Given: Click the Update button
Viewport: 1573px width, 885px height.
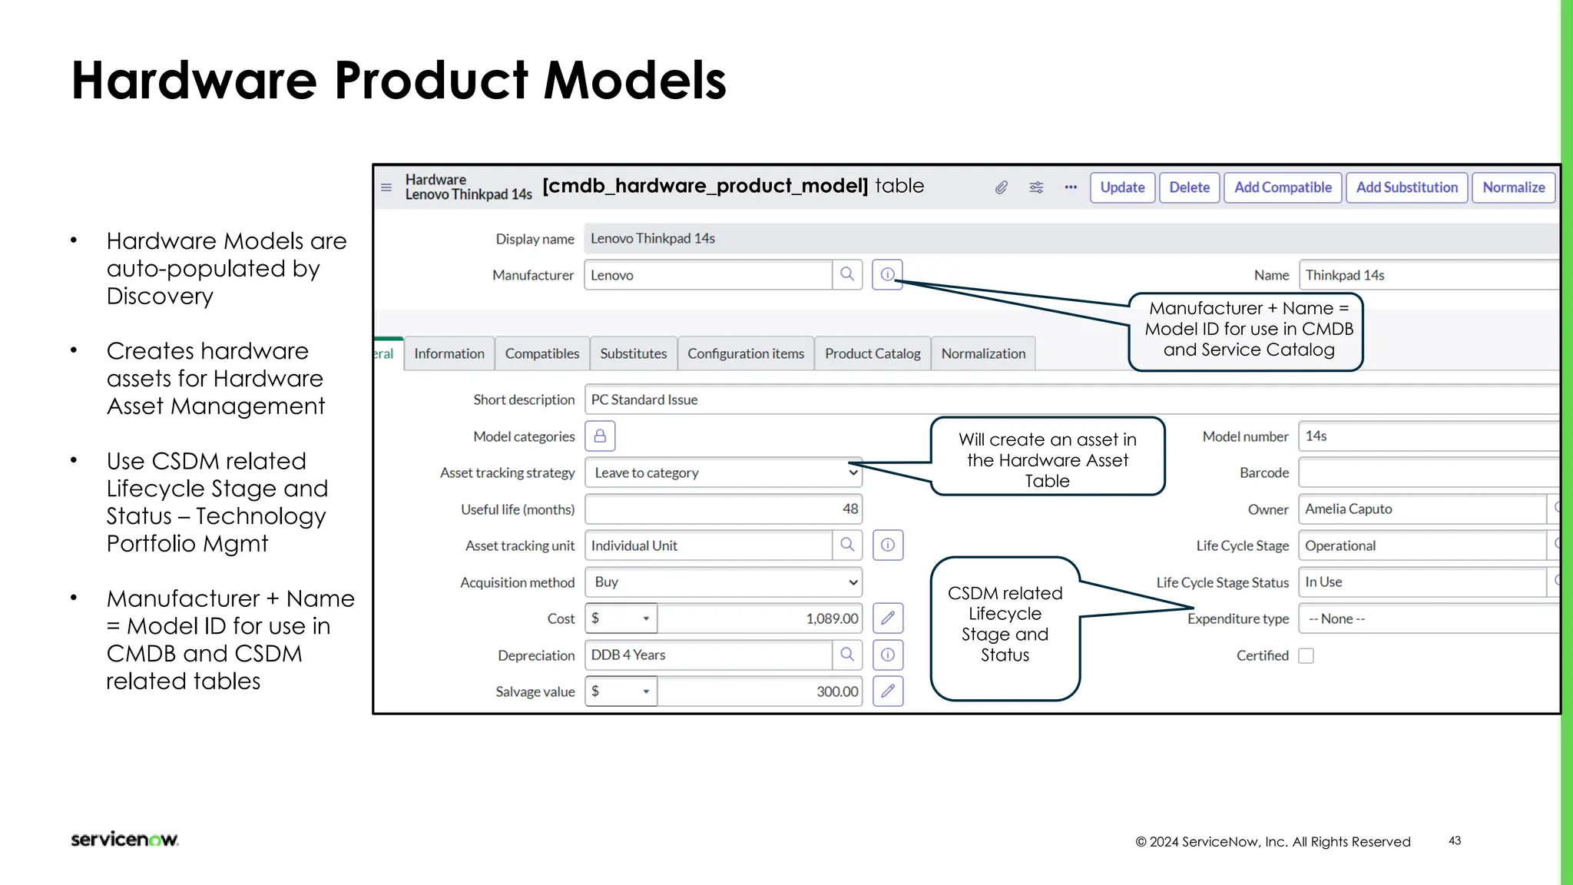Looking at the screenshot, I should point(1122,187).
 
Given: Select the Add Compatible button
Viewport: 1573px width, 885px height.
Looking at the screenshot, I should point(1283,187).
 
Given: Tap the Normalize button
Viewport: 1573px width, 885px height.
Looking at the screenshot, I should point(1513,187).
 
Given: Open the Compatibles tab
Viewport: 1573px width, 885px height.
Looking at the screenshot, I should point(541,353).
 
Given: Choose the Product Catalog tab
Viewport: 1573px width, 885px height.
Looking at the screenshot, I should point(873,353).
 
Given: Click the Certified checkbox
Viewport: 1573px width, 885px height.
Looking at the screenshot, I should point(1306,655).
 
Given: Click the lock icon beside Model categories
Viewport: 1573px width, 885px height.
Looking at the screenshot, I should point(600,436).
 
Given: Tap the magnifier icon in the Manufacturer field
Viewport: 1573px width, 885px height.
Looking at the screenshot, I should point(847,274).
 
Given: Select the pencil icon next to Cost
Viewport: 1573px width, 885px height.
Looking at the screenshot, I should point(888,618).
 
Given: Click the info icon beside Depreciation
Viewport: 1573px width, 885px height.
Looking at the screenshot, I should point(888,655).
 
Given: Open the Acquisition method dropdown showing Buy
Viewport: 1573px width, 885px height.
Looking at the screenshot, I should point(723,582).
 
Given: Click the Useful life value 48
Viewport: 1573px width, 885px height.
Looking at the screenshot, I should point(849,509).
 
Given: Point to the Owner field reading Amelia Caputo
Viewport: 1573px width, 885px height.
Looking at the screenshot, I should point(1421,509).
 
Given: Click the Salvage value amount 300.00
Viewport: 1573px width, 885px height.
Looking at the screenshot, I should point(836,691).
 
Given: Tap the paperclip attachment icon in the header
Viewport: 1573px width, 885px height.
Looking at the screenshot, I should point(1001,187).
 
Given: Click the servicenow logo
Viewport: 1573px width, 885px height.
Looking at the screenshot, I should point(124,839).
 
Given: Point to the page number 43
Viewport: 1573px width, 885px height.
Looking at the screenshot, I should point(1455,840).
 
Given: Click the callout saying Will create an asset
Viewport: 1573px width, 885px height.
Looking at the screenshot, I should point(1048,459).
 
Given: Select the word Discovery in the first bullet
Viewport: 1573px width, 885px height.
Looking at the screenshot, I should point(160,297).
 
